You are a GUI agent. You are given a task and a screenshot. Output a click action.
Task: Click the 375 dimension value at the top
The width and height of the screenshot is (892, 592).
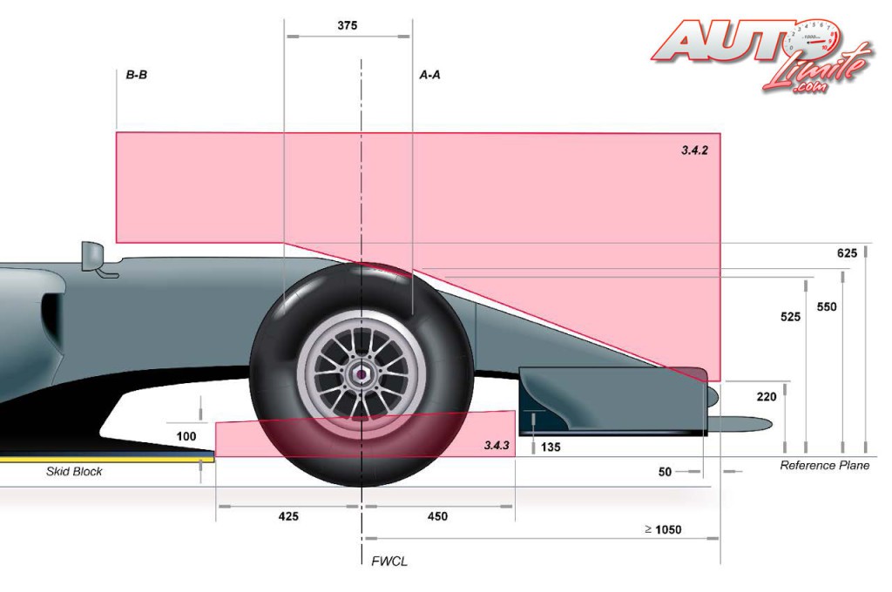click(347, 25)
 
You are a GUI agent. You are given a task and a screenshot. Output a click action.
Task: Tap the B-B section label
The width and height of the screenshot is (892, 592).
click(137, 75)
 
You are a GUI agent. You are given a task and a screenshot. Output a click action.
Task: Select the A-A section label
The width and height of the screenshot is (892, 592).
click(430, 75)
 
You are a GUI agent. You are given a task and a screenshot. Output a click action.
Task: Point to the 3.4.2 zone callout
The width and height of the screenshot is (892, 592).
click(694, 150)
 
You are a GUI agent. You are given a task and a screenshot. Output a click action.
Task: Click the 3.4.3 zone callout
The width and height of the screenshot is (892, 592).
click(497, 445)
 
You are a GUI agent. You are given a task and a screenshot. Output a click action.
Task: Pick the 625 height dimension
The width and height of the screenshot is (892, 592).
click(847, 253)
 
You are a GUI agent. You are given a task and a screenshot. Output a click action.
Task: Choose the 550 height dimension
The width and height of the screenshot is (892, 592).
click(827, 307)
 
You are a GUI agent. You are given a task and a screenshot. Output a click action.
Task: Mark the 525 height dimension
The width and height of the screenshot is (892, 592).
click(791, 317)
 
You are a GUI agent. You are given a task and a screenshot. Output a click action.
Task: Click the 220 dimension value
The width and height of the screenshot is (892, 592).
click(767, 397)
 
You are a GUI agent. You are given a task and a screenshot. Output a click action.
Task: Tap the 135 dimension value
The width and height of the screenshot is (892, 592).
click(551, 447)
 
